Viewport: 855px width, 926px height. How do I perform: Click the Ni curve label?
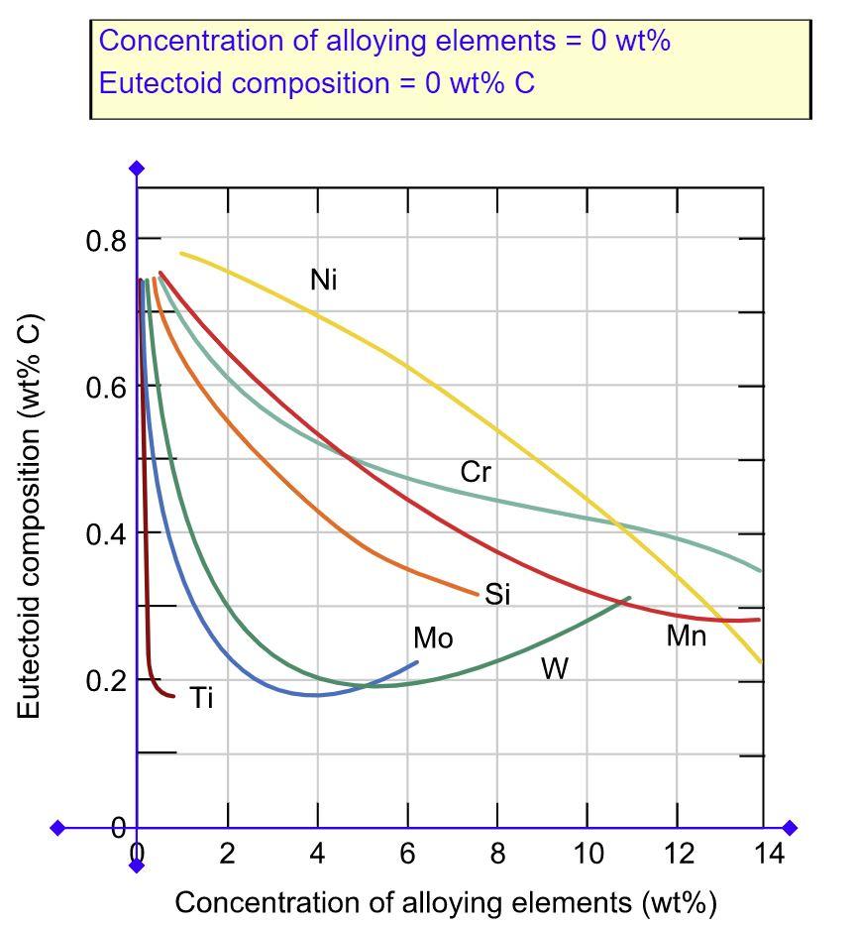click(x=324, y=281)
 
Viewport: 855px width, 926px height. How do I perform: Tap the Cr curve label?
click(x=475, y=473)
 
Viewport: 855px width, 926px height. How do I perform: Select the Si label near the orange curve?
click(x=497, y=595)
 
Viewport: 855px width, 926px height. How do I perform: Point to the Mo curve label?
click(x=433, y=638)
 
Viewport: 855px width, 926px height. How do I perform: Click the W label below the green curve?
click(x=555, y=670)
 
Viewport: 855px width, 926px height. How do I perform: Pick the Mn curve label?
click(x=686, y=637)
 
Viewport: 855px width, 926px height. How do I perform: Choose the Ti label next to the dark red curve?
click(x=202, y=699)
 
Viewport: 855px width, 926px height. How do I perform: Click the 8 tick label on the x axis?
click(x=497, y=854)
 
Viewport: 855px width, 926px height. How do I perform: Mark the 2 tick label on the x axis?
click(x=228, y=854)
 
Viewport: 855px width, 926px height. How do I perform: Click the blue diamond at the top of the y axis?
click(x=137, y=169)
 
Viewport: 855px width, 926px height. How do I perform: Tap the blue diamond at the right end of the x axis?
click(x=790, y=828)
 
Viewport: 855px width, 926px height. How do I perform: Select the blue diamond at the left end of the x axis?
click(x=57, y=828)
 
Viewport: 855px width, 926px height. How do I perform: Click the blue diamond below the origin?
click(x=137, y=866)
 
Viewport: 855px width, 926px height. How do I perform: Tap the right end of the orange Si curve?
click(x=477, y=595)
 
